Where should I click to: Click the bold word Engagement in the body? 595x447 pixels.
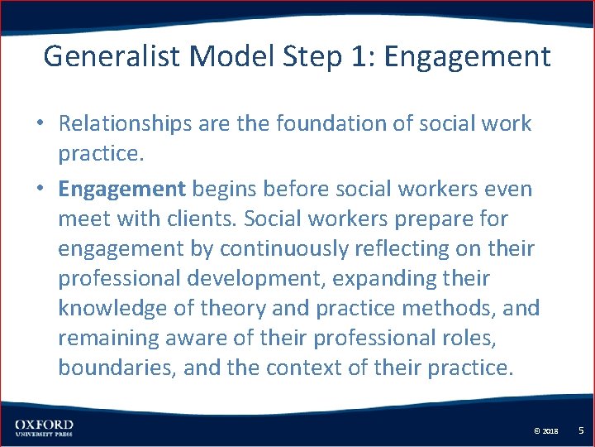tap(122, 189)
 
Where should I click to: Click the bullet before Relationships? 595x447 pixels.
tap(40, 125)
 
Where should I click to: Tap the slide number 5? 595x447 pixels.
tap(581, 430)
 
